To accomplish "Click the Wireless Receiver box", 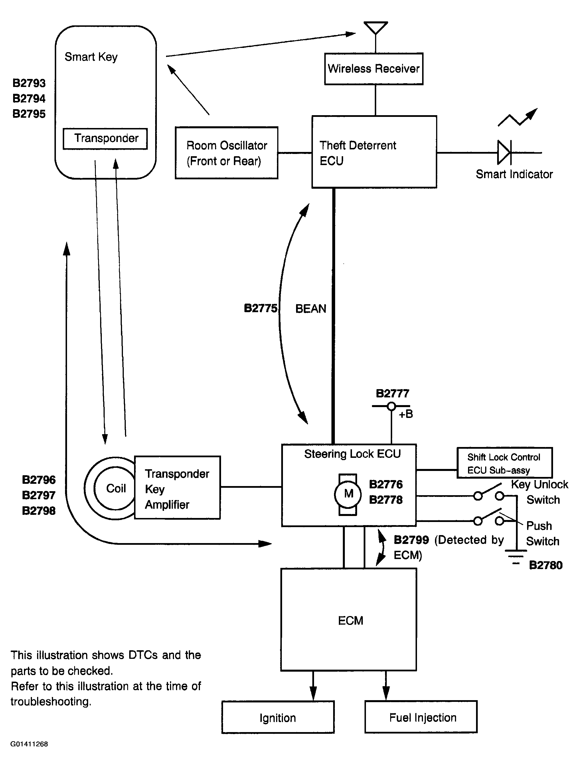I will [x=374, y=69].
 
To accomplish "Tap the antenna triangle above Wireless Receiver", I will [x=375, y=27].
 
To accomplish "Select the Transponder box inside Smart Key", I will [x=105, y=139].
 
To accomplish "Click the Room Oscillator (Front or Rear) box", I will [x=226, y=153].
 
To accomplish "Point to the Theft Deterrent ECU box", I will [x=374, y=152].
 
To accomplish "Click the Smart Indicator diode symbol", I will [x=504, y=153].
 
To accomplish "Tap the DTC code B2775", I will [x=260, y=308].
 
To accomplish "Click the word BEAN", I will [x=311, y=309].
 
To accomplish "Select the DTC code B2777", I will [x=392, y=393].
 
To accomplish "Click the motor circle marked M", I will [x=348, y=494].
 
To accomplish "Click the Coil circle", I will [x=116, y=489].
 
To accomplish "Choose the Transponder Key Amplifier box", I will [x=177, y=488].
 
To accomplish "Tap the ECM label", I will [x=351, y=620].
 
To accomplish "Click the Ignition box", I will [x=278, y=717].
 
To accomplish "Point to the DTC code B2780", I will [x=545, y=565].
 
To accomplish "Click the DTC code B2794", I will [x=29, y=99].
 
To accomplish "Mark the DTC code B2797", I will [x=39, y=495].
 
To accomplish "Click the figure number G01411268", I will [x=29, y=744].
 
